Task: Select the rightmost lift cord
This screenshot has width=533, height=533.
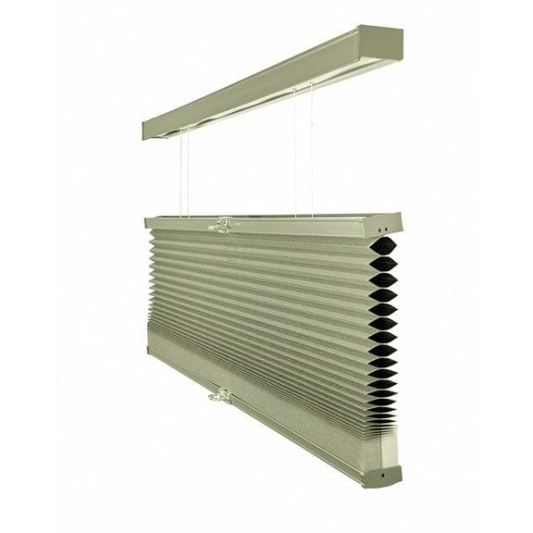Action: [311, 148]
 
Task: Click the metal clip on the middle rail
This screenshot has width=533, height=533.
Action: [220, 225]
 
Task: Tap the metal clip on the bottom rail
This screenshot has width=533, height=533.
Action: [220, 395]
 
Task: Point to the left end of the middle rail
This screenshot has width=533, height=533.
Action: [149, 222]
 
